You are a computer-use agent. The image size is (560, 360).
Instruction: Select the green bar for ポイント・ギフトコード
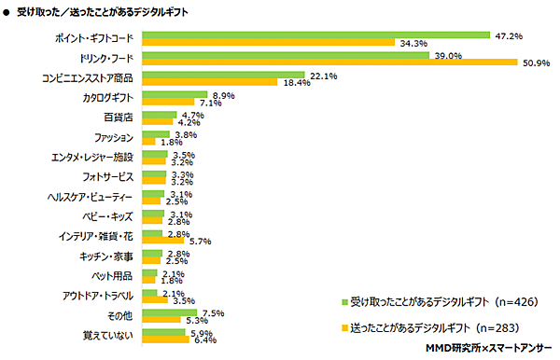[315, 35]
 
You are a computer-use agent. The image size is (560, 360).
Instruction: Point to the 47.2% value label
[508, 35]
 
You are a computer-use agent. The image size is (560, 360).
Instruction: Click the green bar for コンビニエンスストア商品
[222, 75]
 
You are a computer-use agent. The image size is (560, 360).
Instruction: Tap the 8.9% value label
[222, 95]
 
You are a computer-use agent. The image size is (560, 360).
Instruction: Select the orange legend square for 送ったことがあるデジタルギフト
[342, 328]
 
